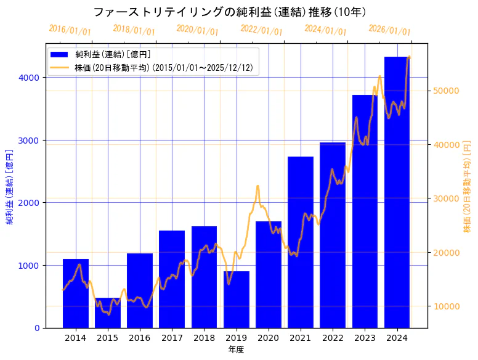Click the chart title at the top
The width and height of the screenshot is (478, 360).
230,12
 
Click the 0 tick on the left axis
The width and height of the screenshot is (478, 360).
36,328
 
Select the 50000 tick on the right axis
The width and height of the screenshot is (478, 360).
446,91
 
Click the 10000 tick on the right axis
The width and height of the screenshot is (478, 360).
446,306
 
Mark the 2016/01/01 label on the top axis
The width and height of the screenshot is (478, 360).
70,30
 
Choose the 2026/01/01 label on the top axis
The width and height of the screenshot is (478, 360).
389,30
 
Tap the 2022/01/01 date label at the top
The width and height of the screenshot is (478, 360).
261,30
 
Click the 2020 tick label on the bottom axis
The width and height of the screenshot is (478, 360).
269,338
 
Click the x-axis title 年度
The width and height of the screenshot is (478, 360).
236,350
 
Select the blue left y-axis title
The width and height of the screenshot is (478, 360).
9,187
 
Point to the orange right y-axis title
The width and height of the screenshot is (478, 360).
467,187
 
